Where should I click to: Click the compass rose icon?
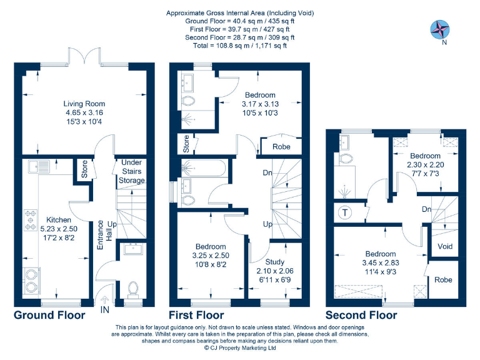pos(441,29)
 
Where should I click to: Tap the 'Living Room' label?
pos(84,104)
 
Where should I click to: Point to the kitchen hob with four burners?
pos(30,221)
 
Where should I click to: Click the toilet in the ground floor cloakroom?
pos(132,288)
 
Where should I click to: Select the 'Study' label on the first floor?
pos(274,261)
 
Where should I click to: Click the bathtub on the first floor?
pos(204,167)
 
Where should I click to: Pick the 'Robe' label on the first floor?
pos(281,147)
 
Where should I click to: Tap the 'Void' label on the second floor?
pos(445,246)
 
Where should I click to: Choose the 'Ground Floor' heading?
pos(49,315)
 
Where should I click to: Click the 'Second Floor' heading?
pos(361,315)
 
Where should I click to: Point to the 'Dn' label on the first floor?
pos(267,173)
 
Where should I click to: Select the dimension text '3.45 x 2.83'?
pos(380,263)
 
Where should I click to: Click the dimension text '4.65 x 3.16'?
pos(84,112)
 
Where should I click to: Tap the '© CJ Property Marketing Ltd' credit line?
pos(240,349)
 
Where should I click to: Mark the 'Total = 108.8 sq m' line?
pos(240,45)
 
